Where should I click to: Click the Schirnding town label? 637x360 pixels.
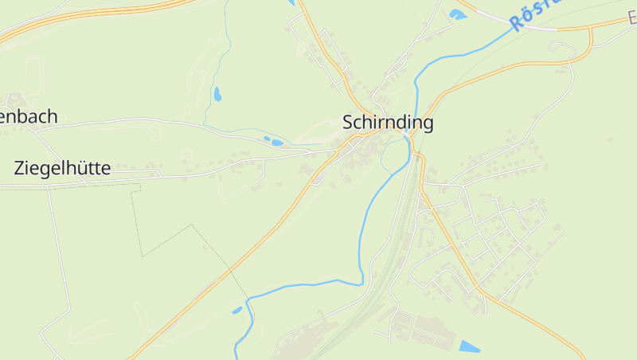click(388, 123)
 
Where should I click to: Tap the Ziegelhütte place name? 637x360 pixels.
click(62, 168)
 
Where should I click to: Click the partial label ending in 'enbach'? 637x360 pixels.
click(29, 116)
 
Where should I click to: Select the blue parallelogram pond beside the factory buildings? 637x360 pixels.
click(470, 346)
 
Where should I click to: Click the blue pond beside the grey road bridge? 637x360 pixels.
click(457, 14)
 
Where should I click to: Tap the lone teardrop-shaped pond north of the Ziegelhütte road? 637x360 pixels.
click(217, 95)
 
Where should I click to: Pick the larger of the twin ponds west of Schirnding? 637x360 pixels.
click(276, 143)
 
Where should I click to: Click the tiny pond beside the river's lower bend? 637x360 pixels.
click(237, 310)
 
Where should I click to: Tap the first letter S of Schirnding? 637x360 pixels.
click(348, 123)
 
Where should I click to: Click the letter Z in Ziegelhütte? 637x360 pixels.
click(20, 168)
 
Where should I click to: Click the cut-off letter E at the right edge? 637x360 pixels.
click(632, 18)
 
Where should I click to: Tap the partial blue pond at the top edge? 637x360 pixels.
click(290, 3)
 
